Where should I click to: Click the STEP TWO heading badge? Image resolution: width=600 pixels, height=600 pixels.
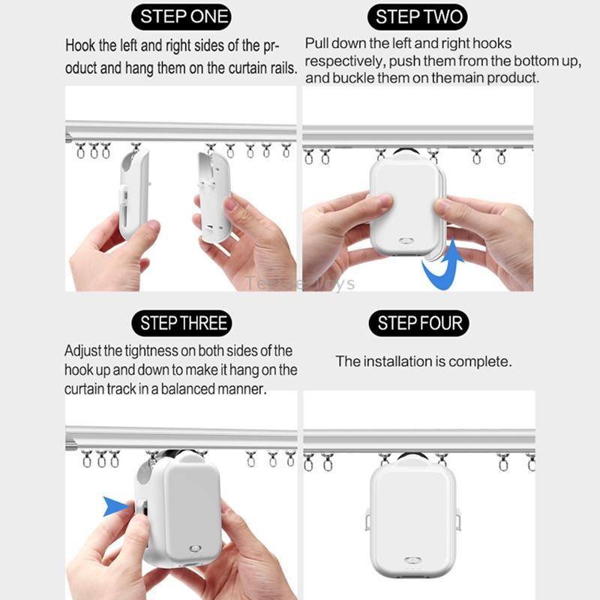coord(418,17)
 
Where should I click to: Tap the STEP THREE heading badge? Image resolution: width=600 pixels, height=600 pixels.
coord(184,323)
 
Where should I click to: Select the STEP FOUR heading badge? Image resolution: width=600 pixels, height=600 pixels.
coord(418,323)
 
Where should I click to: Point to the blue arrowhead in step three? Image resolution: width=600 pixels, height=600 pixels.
coord(116,508)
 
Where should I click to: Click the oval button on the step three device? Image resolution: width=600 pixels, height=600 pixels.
coord(196,550)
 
